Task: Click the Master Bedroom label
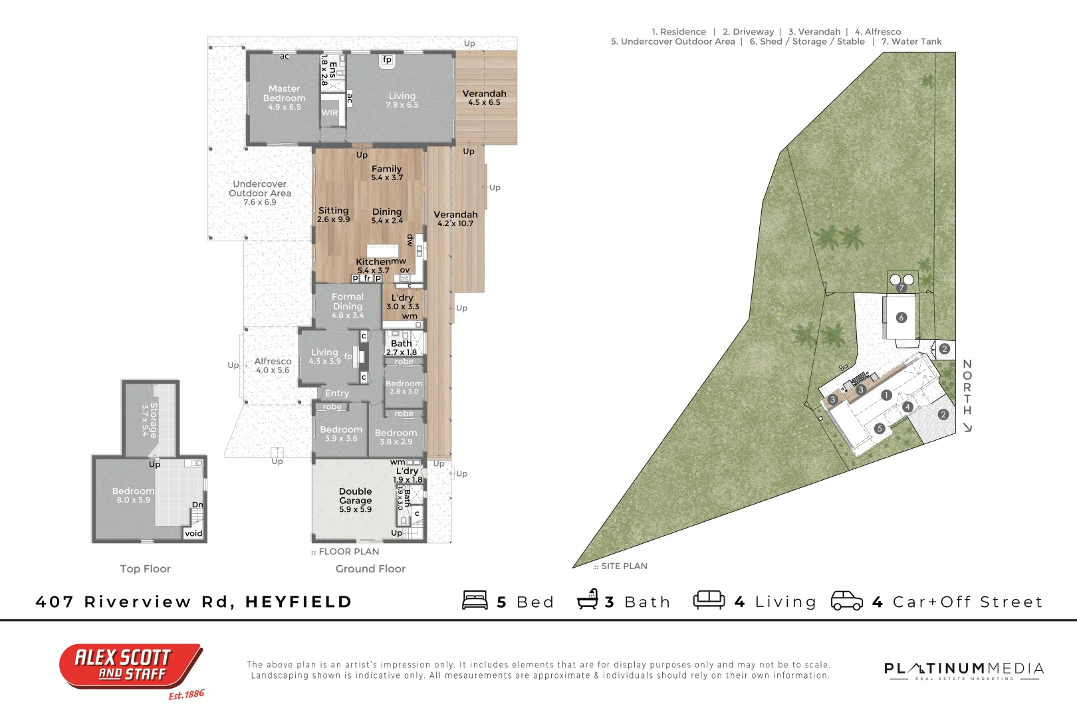[285, 94]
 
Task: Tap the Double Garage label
[356, 496]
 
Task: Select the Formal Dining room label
[348, 302]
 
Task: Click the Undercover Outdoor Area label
[260, 189]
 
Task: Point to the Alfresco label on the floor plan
[273, 362]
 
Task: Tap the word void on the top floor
[193, 533]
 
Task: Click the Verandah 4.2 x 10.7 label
[455, 215]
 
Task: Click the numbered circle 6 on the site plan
[901, 318]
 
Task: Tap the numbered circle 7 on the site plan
[901, 289]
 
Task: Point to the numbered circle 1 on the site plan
[886, 396]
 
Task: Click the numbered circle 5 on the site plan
[880, 429]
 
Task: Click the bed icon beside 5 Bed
[475, 600]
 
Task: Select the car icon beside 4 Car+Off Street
[847, 600]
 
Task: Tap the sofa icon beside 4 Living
[709, 600]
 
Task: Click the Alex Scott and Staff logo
[131, 666]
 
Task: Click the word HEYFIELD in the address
[299, 602]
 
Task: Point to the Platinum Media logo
[963, 670]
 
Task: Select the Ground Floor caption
[370, 569]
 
